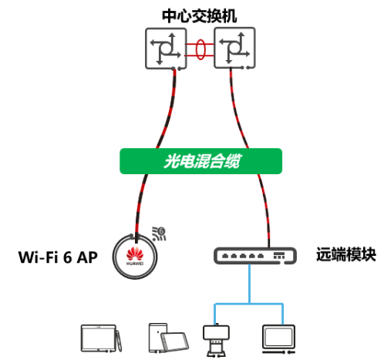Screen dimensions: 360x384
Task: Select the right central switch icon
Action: (x=234, y=47)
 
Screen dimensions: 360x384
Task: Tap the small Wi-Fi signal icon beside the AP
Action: (x=159, y=232)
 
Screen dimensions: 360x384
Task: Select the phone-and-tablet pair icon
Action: (x=165, y=338)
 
